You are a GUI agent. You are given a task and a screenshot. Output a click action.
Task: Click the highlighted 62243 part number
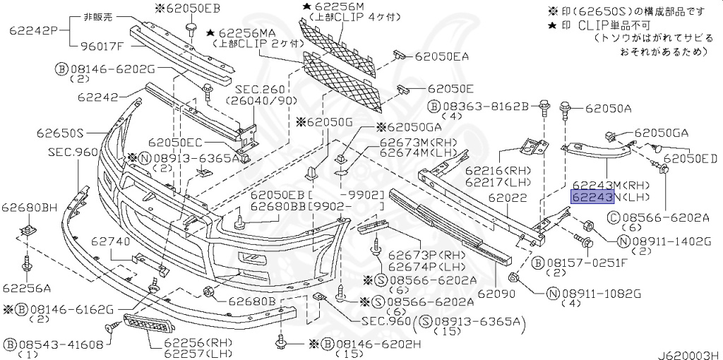592,197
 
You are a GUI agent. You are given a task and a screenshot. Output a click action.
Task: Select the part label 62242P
33,31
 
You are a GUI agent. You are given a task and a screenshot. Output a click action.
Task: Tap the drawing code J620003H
689,355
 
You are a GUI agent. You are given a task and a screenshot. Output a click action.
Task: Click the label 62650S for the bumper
61,133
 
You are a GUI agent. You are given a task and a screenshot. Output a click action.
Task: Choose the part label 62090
496,293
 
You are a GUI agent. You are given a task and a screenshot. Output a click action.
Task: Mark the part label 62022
508,198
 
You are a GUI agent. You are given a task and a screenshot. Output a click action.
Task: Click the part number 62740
109,241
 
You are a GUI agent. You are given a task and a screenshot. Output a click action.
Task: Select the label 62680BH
29,208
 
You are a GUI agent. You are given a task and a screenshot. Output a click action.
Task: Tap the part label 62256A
26,288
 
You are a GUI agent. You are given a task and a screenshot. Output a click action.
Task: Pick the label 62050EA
442,56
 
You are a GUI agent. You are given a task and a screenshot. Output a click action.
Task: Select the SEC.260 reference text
261,90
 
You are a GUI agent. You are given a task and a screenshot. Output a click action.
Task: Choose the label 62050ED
691,159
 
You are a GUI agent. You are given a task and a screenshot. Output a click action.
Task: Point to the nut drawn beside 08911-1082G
515,277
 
